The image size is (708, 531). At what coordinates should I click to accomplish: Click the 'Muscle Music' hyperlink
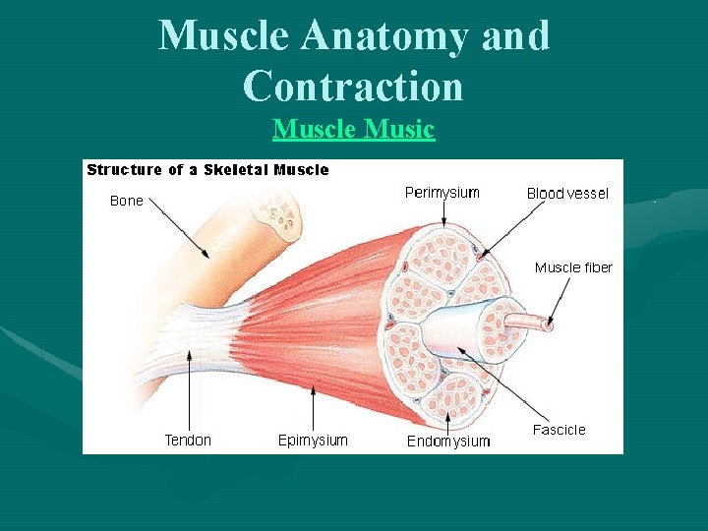353,129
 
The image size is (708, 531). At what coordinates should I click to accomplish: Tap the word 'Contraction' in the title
353,86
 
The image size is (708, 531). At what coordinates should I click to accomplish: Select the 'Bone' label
127,201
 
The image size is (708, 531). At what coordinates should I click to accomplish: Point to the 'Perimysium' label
442,193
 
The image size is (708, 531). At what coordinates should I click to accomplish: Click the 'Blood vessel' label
567,194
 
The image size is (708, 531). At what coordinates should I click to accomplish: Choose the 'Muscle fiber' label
573,267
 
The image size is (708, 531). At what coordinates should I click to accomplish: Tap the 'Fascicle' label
559,430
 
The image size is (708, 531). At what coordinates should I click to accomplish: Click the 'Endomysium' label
448,442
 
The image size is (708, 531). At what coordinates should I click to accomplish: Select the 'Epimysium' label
313,441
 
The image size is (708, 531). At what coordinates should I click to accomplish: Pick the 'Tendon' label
188,441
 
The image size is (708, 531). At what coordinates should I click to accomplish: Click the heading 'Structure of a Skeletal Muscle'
207,170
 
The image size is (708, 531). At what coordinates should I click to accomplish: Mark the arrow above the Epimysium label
313,405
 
